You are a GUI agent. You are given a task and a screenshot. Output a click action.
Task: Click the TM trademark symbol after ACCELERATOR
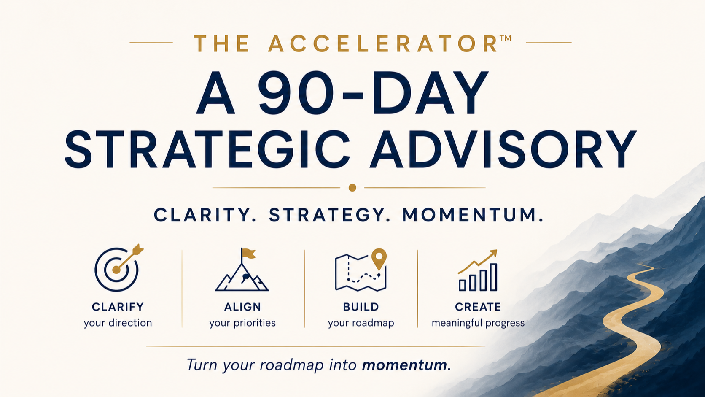point(505,38)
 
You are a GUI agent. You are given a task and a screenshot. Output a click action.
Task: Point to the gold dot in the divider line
point(352,188)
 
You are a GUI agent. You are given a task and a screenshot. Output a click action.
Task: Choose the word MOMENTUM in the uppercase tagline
point(472,215)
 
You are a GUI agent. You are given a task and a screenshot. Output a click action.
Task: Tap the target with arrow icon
point(118,268)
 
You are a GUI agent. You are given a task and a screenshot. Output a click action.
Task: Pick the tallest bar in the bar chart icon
point(493,277)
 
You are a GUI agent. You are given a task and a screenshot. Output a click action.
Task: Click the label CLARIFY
point(118,307)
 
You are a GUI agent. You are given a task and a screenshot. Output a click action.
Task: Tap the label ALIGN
point(242,307)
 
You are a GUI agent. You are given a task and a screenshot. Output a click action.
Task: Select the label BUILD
point(361,307)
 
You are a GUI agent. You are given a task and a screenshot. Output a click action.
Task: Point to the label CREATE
point(478,307)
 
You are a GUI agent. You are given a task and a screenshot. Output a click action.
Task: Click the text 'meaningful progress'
point(478,323)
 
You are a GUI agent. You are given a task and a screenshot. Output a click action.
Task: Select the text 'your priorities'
point(242,323)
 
